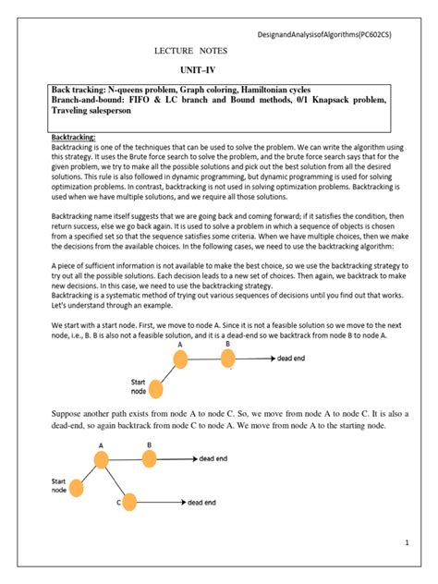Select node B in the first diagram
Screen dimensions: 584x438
pos(227,358)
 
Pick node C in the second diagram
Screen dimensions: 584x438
pos(128,502)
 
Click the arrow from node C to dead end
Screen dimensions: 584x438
pos(161,503)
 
